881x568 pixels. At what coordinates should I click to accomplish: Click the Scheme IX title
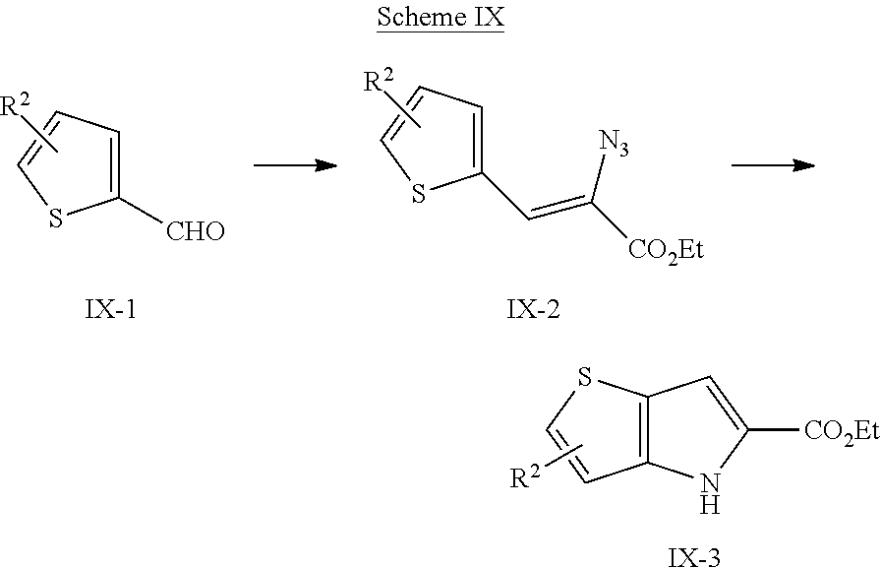point(440,17)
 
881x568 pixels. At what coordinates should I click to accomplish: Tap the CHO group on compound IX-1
point(195,231)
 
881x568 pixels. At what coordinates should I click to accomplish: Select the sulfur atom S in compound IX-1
point(56,219)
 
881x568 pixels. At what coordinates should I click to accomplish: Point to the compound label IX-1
point(111,309)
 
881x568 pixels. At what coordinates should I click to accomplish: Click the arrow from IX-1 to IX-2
point(296,165)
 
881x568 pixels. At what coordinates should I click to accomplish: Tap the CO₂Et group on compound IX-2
point(666,250)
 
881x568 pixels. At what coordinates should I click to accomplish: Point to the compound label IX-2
point(533,309)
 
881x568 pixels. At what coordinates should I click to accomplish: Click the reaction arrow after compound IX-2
point(773,165)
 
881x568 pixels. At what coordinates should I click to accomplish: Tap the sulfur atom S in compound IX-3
point(585,378)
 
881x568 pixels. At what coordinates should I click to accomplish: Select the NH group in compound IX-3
point(710,492)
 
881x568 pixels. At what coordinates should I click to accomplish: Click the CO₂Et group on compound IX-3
point(842,432)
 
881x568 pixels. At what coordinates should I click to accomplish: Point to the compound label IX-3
point(694,557)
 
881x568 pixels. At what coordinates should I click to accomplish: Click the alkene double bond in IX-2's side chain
point(560,209)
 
